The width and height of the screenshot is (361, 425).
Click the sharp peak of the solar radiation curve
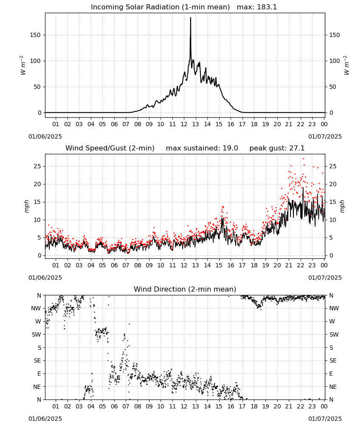pos(190,17)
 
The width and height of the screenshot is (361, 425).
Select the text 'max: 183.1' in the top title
pos(257,7)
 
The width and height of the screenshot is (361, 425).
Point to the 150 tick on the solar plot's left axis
pos(36,35)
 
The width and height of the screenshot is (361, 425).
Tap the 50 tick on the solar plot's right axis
pos(333,87)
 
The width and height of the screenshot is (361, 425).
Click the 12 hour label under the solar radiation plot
pos(184,124)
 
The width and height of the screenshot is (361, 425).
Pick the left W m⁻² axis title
pos(23,65)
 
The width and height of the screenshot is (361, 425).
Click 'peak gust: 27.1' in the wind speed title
pos(277,148)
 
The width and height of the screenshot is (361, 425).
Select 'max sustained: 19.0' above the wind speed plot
pos(202,148)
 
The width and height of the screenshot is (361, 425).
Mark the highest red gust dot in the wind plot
pos(303,159)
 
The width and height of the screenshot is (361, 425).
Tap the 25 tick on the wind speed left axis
pos(37,166)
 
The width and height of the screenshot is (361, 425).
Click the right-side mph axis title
pos(342,206)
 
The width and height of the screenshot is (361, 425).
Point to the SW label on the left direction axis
pos(37,334)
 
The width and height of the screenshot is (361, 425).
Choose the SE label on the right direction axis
pos(333,360)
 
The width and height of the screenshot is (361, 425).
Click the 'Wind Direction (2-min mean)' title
pos(185,289)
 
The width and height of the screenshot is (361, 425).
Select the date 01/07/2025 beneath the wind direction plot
pos(325,419)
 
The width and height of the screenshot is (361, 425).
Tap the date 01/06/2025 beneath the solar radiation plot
pos(45,136)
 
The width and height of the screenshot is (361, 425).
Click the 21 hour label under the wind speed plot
pos(289,265)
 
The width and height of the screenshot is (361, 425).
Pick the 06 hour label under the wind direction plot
pos(114,406)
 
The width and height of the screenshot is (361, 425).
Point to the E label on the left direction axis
pos(39,374)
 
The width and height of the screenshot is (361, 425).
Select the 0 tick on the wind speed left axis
pos(39,255)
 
